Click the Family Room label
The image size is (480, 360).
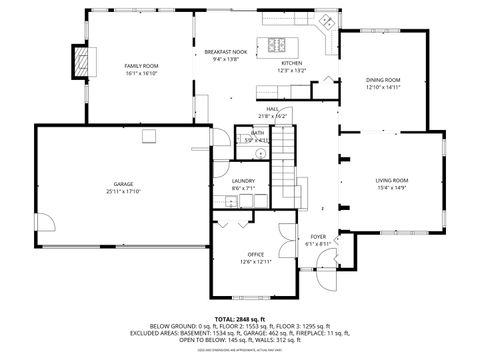coord(142,66)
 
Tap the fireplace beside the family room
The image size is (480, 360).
coord(80,63)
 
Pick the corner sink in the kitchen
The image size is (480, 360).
coord(325,22)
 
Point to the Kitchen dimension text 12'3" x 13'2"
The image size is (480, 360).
coord(291,71)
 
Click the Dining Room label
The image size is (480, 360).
coord(383,79)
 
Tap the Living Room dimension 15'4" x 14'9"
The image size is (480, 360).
coord(391,187)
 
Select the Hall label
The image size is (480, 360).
coord(273,109)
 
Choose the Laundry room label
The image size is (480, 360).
coord(243,180)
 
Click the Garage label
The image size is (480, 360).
coord(123,184)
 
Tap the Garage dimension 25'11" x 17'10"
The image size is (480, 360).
coord(123,191)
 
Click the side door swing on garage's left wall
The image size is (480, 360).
coord(45,225)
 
